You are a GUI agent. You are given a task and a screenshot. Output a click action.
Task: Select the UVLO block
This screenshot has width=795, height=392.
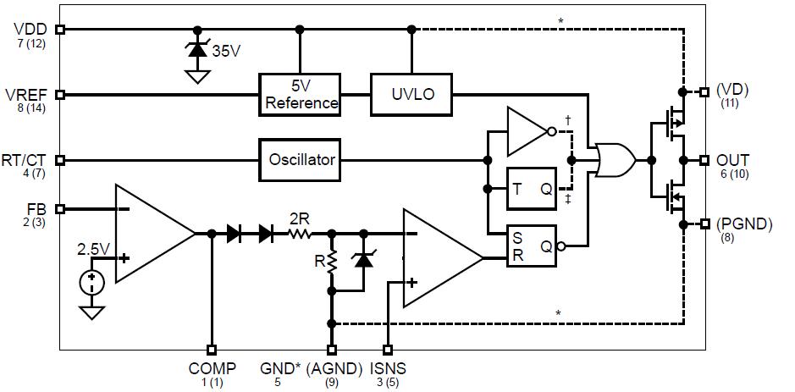411,94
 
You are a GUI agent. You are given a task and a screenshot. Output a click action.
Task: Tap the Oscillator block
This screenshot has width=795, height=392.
301,159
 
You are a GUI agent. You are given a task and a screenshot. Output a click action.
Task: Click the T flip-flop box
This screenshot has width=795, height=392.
532,190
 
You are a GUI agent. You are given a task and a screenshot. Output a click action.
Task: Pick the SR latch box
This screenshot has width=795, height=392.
532,246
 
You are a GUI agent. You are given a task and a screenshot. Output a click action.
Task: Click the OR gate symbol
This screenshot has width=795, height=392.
616,159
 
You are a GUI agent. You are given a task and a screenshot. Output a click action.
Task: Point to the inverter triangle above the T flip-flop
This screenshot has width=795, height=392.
528,131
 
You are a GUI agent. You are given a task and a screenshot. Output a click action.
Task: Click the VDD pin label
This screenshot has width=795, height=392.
30,28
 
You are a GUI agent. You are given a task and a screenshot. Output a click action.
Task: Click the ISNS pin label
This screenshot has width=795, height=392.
388,368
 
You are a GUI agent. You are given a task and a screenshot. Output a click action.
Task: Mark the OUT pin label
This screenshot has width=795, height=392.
733,159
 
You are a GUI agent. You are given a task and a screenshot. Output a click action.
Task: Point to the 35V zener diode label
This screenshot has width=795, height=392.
226,51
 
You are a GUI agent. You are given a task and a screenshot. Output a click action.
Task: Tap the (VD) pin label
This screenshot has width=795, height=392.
732,90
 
